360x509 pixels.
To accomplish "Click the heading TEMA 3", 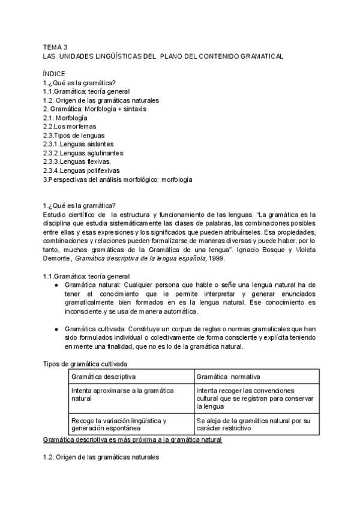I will tap(56, 46).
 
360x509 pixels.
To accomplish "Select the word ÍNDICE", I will tap(55, 73).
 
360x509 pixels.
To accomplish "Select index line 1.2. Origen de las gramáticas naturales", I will tap(101, 100).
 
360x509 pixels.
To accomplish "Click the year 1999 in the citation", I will tap(217, 241).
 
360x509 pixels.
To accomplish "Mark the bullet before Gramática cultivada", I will tap(56, 330).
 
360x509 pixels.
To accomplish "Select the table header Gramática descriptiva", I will tap(103, 376).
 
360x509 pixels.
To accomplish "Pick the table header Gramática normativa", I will tap(228, 376).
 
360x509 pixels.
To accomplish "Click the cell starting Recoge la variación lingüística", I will tap(118, 424).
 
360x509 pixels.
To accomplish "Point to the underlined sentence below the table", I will tap(133, 440).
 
